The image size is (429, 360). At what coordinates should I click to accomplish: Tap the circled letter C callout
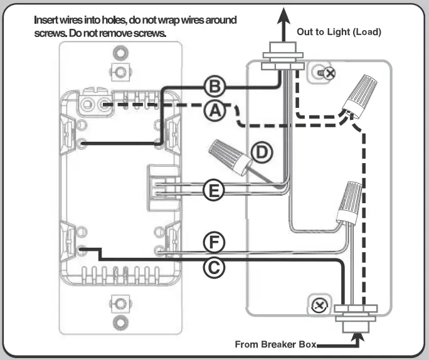[214, 267]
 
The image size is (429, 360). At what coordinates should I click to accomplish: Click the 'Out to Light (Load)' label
[338, 31]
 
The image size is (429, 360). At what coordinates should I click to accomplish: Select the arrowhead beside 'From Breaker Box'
[358, 341]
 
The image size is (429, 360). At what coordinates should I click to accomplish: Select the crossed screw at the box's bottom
[319, 305]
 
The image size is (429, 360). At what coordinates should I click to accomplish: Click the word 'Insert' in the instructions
[51, 20]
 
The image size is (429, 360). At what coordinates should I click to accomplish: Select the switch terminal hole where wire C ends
[83, 250]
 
